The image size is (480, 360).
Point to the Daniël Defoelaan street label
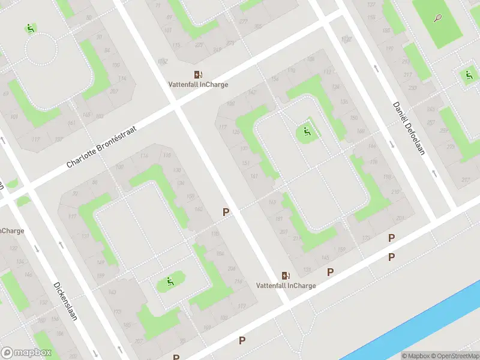point(409,128)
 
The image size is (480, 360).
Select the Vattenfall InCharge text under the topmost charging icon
point(198,85)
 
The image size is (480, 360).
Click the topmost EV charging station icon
point(198,74)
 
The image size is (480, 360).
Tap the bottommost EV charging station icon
point(286,275)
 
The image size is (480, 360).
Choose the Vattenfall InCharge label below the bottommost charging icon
point(286,286)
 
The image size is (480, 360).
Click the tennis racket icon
point(438,19)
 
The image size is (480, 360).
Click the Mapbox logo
point(25,352)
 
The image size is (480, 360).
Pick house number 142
point(253,92)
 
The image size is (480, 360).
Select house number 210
point(395,192)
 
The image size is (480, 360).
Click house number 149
point(101,262)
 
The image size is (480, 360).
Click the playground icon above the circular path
point(30,28)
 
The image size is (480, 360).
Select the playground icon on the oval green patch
point(170,281)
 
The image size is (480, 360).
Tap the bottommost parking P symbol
point(242,340)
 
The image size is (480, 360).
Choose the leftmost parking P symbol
point(226,212)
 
